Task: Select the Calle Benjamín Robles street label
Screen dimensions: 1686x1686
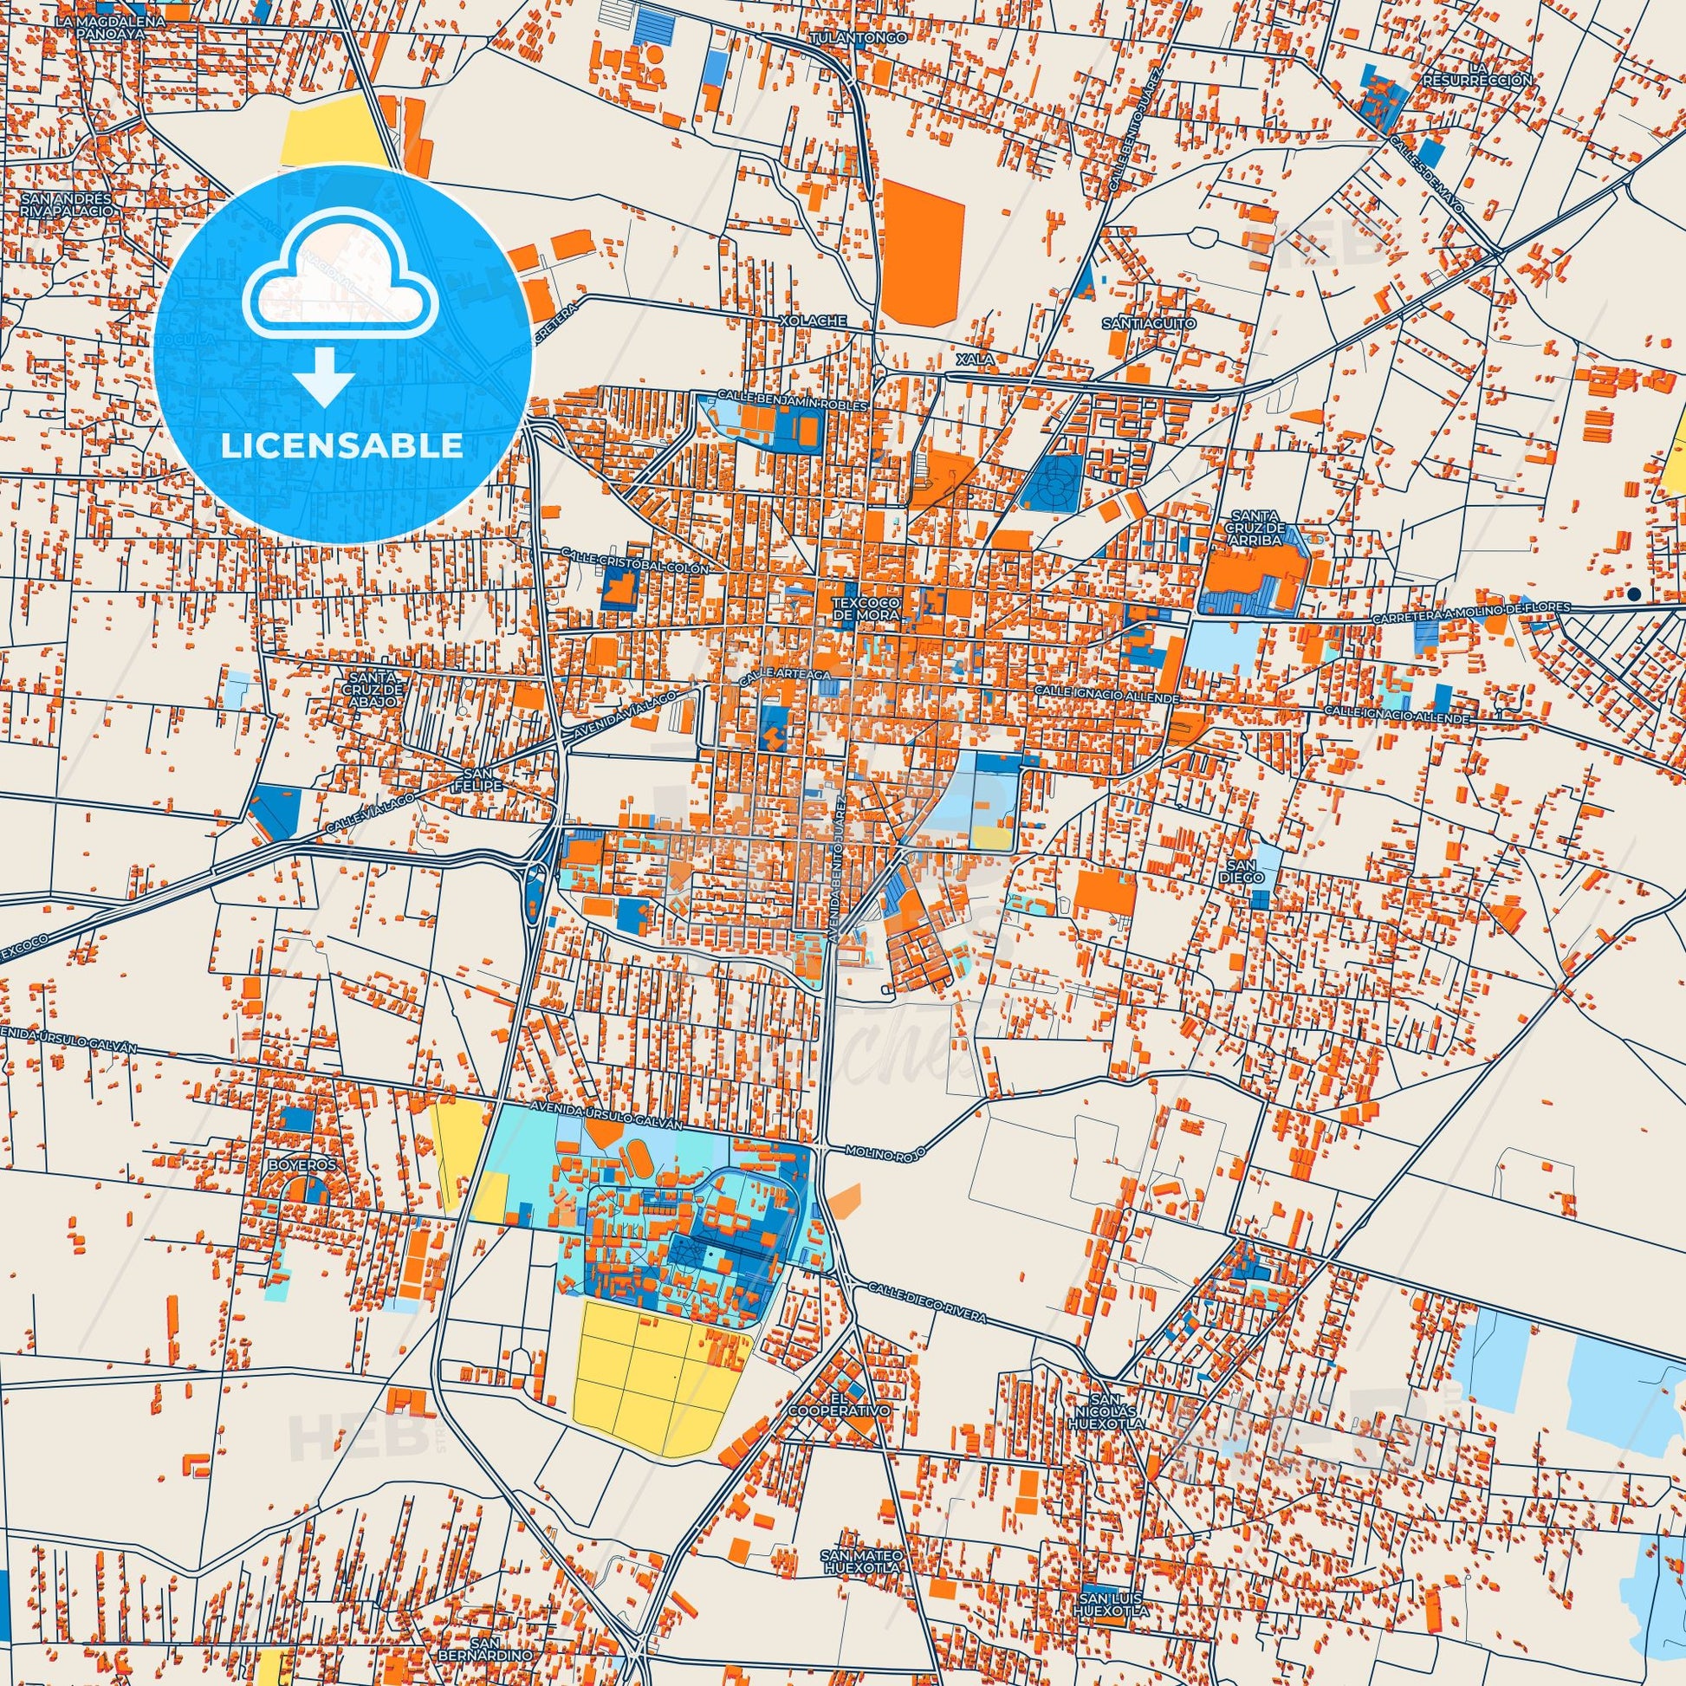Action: tap(793, 400)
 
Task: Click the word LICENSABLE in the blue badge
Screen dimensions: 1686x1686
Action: tap(341, 446)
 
